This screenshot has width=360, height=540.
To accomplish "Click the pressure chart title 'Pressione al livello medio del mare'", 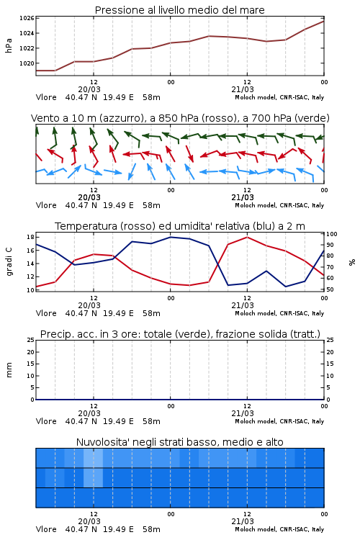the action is (179, 10).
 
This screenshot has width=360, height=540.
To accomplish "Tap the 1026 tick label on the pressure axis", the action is (27, 18).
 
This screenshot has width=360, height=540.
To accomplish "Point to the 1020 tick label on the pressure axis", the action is (27, 63).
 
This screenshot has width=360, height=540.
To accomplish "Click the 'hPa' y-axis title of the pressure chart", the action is (9, 45).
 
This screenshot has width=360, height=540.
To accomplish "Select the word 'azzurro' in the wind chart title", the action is (121, 118).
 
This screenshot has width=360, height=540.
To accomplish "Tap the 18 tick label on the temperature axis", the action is (30, 237).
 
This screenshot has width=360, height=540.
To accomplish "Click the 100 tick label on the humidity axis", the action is (332, 234).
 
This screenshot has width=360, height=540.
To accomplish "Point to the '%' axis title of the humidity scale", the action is (352, 262).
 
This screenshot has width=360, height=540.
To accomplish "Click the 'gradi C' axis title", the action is (9, 261).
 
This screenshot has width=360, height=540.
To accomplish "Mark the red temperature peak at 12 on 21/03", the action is (247, 237).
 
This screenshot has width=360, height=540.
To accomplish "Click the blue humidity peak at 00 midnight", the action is (170, 237).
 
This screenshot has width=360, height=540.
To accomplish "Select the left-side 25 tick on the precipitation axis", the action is (31, 341).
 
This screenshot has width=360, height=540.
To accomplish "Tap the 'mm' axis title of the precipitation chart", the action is (9, 370).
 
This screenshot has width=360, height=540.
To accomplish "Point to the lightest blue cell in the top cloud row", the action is (94, 458).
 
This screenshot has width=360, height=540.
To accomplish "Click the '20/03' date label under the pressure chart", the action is (89, 89).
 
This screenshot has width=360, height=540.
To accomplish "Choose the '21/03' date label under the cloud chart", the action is (243, 521).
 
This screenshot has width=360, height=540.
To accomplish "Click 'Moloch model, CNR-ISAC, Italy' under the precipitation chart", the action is (279, 421).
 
